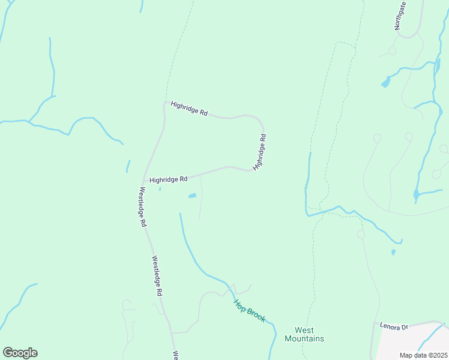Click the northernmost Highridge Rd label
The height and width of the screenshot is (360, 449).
(188, 109)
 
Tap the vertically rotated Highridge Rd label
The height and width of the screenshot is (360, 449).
(259, 152)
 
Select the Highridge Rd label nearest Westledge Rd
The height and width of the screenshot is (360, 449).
(169, 179)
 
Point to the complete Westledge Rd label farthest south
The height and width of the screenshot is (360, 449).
(157, 277)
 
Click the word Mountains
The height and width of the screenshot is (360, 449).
(304, 338)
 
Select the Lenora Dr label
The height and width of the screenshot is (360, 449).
(394, 326)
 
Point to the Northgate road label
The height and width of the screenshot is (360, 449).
(400, 15)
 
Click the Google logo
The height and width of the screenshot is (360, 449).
(20, 353)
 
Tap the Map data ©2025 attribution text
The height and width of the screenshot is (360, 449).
(423, 355)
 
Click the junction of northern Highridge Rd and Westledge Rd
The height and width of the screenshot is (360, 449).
(164, 103)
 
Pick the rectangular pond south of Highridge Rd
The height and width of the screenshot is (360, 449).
(193, 196)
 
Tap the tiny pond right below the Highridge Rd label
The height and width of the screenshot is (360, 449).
(160, 189)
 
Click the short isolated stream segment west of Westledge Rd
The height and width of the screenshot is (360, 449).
(128, 166)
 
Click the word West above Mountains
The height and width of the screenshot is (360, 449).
(304, 330)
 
